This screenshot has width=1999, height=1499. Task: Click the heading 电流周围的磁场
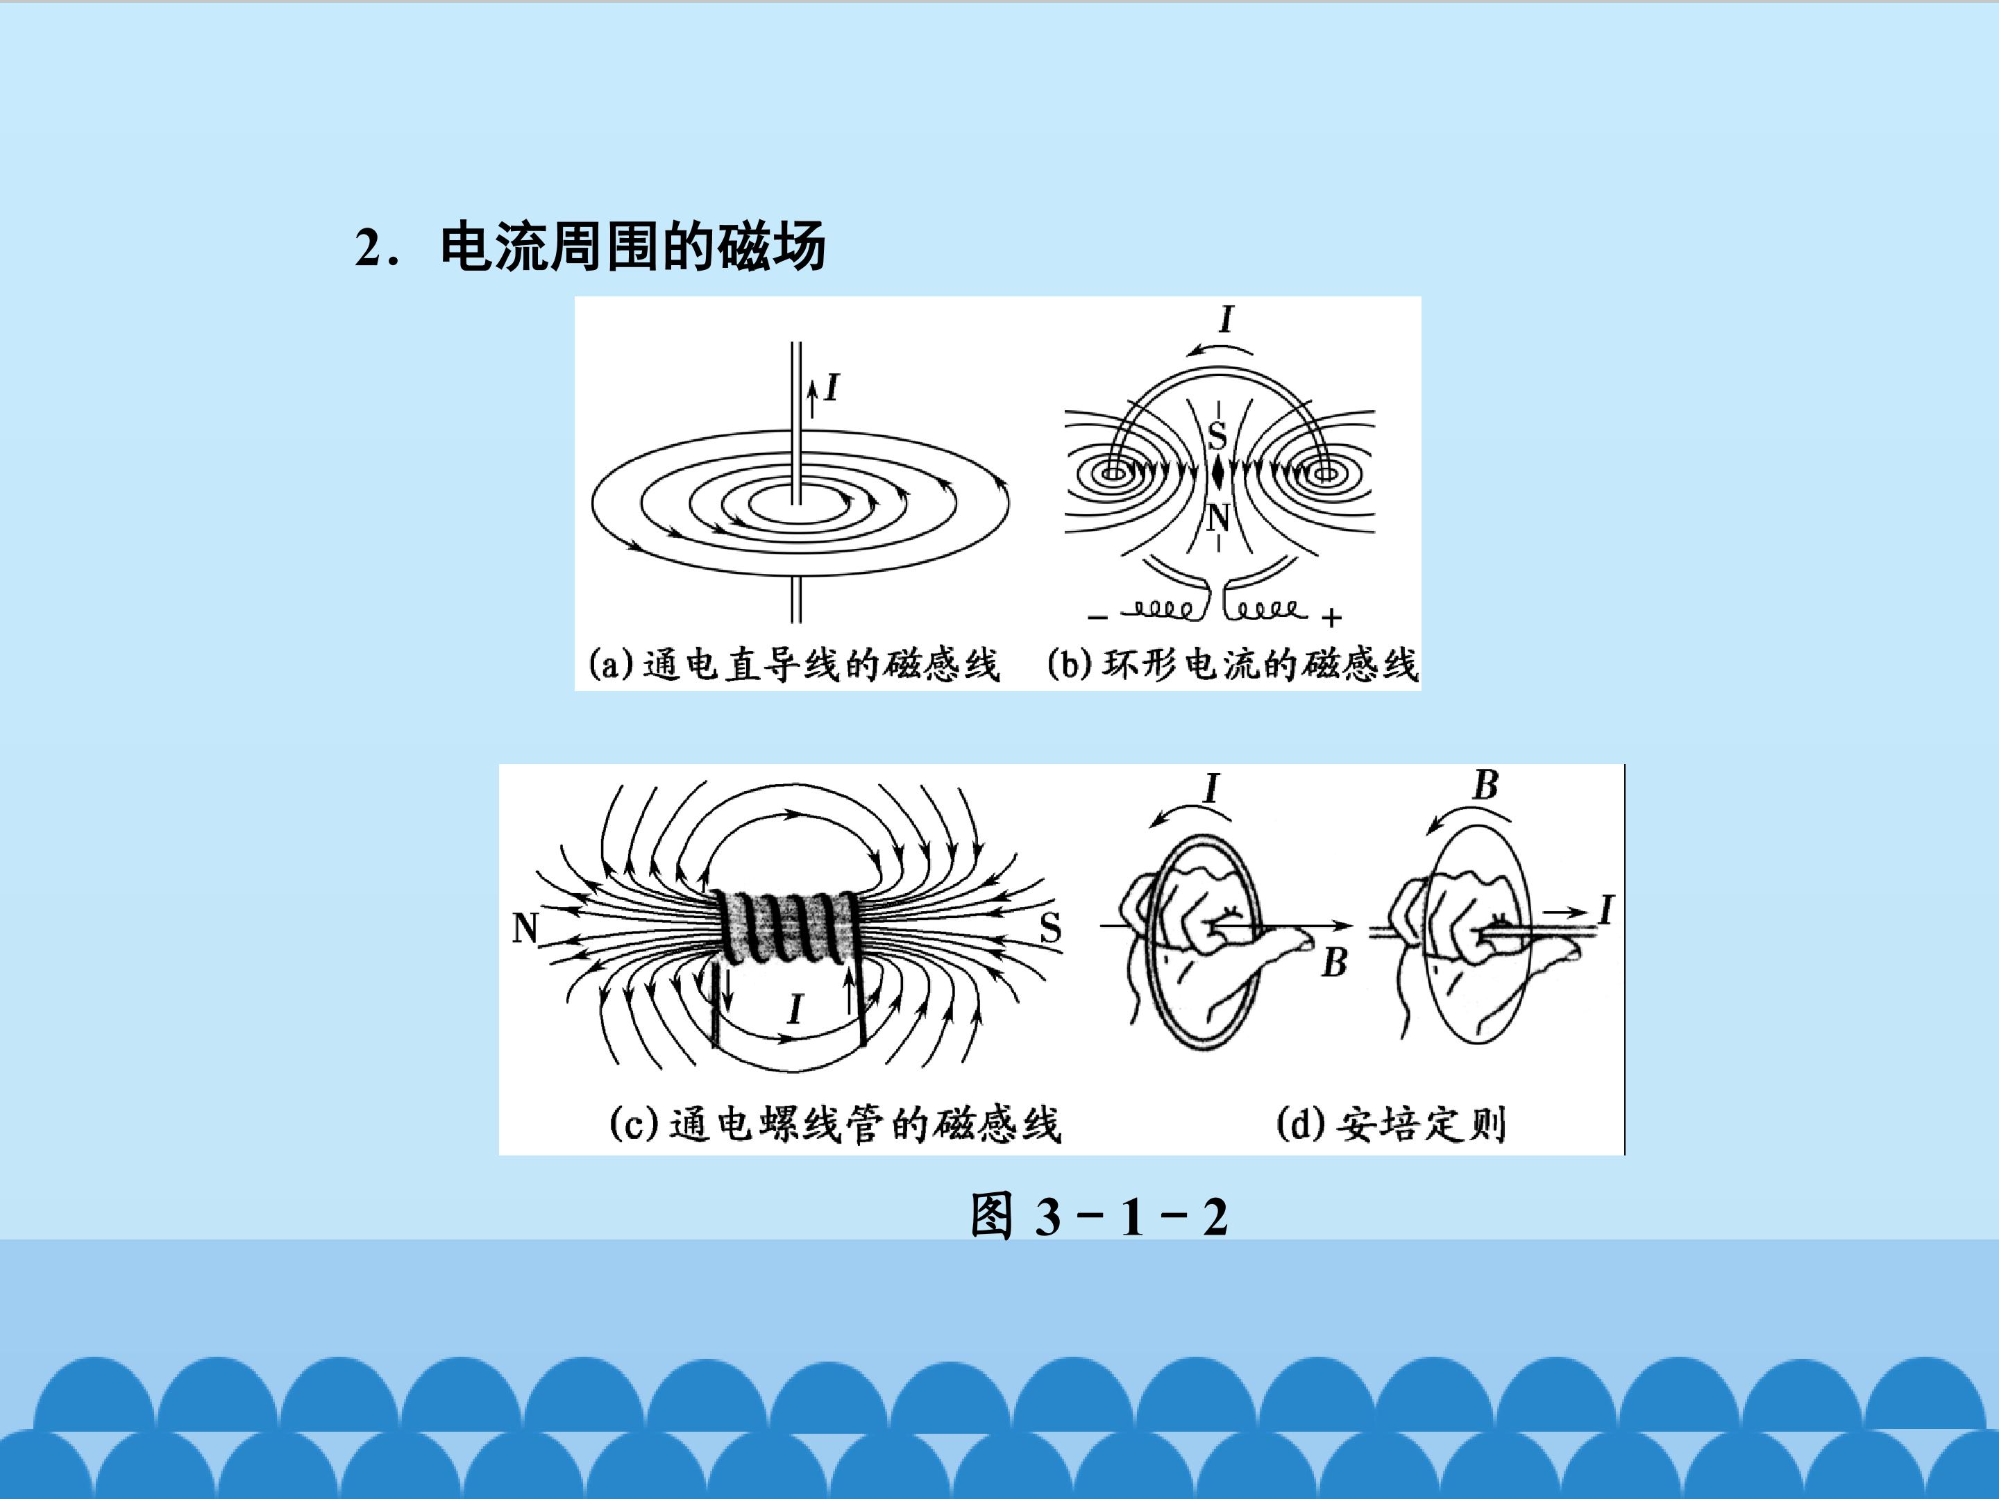coord(632,246)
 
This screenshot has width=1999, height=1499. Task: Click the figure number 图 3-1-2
coord(1099,1215)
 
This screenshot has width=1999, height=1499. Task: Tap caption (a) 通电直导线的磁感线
coord(794,664)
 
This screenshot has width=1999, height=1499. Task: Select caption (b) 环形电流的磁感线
coord(1233,664)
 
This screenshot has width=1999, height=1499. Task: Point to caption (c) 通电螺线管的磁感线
coord(835,1124)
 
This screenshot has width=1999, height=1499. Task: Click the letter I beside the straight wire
coord(832,388)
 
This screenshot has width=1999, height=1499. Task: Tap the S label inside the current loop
coord(1217,437)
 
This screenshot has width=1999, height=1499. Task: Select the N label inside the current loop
coord(1219,518)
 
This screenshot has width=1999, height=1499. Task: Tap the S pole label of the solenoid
coord(1050,928)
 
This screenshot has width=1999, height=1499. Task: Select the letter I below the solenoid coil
coord(794,1008)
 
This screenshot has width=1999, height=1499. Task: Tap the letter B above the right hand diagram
coord(1485,784)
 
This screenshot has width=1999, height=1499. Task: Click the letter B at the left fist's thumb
coord(1335,963)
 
